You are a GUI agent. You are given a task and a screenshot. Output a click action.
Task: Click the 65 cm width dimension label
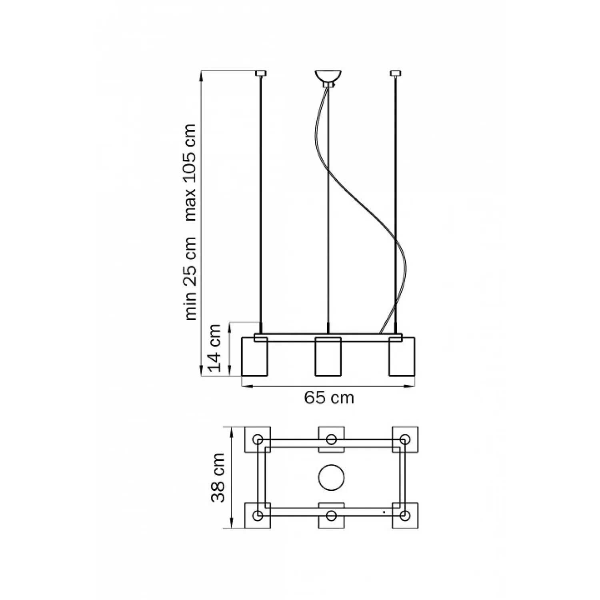point(329,398)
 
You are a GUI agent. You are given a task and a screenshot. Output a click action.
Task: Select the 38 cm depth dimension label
point(218,478)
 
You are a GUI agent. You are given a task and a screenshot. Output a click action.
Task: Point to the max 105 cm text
point(190,172)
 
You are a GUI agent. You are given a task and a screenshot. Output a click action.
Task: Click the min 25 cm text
point(190,278)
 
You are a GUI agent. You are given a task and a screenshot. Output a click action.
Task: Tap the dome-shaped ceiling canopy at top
point(328,76)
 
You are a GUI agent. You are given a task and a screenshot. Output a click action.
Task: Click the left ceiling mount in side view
point(261,73)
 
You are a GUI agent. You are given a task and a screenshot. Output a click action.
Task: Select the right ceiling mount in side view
point(396,73)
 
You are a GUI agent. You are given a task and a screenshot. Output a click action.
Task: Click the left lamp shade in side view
point(254,356)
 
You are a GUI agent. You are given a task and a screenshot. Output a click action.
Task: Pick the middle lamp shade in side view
point(328,356)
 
